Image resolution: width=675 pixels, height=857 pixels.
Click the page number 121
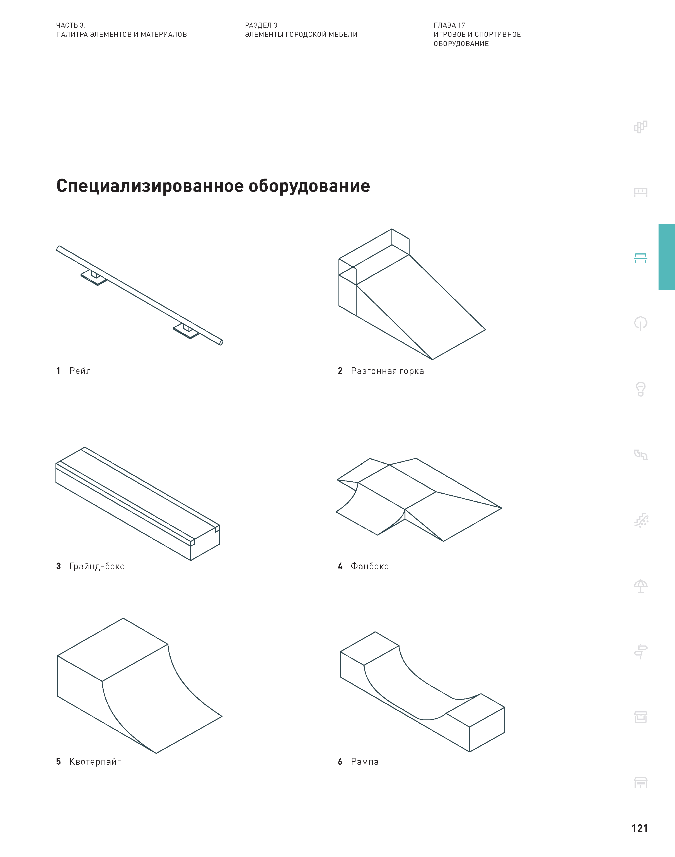point(639,828)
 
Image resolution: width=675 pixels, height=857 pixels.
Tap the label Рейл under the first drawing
point(80,371)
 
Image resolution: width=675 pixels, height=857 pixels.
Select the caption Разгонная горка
point(387,371)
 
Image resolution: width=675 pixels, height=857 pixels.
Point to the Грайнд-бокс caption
point(96,566)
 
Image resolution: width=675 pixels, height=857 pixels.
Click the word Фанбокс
point(369,566)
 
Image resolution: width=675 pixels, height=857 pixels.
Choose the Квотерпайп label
point(95,762)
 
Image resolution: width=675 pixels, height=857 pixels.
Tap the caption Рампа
point(364,762)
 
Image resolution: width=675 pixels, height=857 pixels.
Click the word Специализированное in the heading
point(150,186)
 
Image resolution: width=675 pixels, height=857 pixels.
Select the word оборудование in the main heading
point(309,186)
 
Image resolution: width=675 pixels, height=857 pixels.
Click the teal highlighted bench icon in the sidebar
point(641,258)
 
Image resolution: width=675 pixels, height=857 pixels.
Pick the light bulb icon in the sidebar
point(641,389)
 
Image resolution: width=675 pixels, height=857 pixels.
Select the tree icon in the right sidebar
point(641,323)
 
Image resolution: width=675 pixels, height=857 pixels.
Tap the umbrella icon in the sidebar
point(641,586)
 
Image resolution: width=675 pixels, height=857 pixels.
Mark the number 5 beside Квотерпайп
point(59,762)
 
